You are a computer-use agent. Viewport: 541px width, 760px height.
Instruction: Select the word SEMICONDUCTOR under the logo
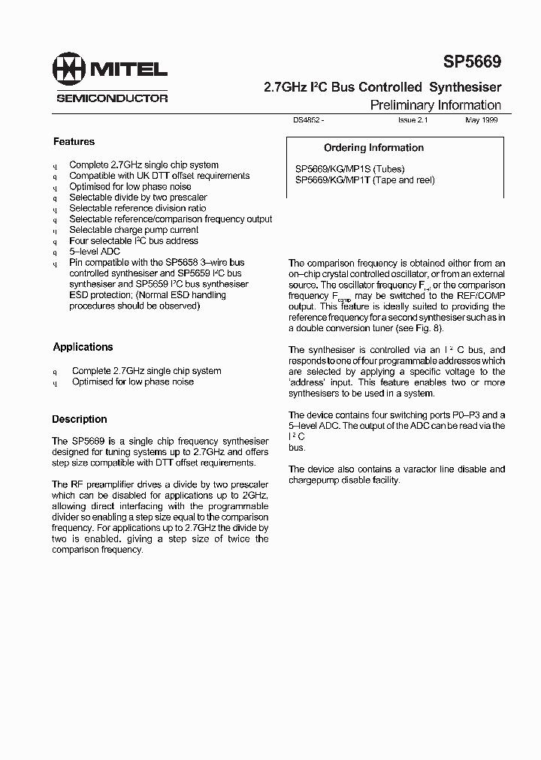112,98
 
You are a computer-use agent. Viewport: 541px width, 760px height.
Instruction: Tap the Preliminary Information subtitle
435,105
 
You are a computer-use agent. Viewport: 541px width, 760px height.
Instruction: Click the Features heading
74,141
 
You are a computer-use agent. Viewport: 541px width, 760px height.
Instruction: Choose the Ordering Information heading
373,148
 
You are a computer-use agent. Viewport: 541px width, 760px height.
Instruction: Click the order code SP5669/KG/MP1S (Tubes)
355,169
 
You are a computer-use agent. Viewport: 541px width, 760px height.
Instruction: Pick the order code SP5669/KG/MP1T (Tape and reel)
364,180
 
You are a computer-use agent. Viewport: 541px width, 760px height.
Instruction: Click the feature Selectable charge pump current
134,230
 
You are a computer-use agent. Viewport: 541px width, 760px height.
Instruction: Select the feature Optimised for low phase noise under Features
130,186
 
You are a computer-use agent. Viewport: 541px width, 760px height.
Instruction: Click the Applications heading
83,347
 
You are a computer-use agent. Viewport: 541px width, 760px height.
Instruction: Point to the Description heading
80,419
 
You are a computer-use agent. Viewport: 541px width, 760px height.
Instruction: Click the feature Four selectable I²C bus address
134,241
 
